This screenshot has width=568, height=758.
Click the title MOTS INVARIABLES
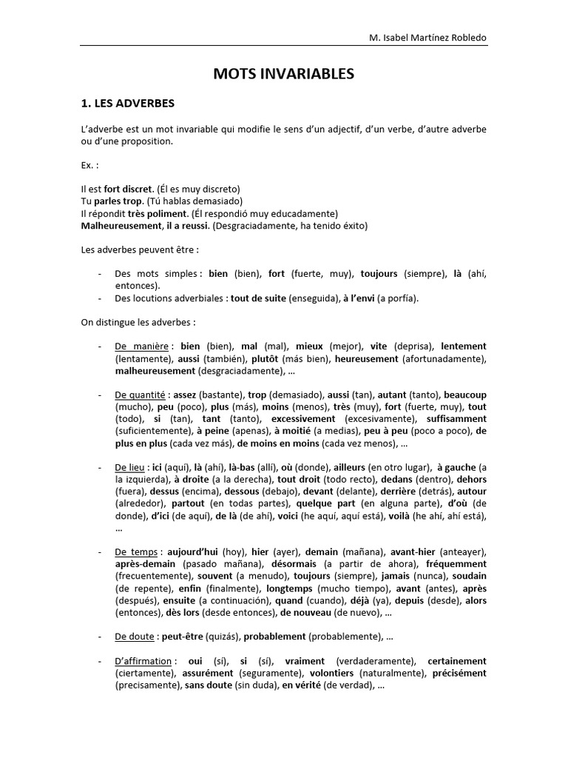click(x=284, y=73)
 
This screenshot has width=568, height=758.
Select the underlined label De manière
click(x=140, y=346)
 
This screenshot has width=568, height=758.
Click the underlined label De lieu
click(x=129, y=467)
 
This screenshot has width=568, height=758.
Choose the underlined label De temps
click(x=137, y=552)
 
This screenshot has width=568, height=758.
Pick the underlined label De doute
click(x=134, y=637)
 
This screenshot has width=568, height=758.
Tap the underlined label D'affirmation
click(x=143, y=660)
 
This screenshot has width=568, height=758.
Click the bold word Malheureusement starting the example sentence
click(x=121, y=225)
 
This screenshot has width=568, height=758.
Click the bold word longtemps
click(x=289, y=588)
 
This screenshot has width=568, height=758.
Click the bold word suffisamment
click(x=453, y=418)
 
